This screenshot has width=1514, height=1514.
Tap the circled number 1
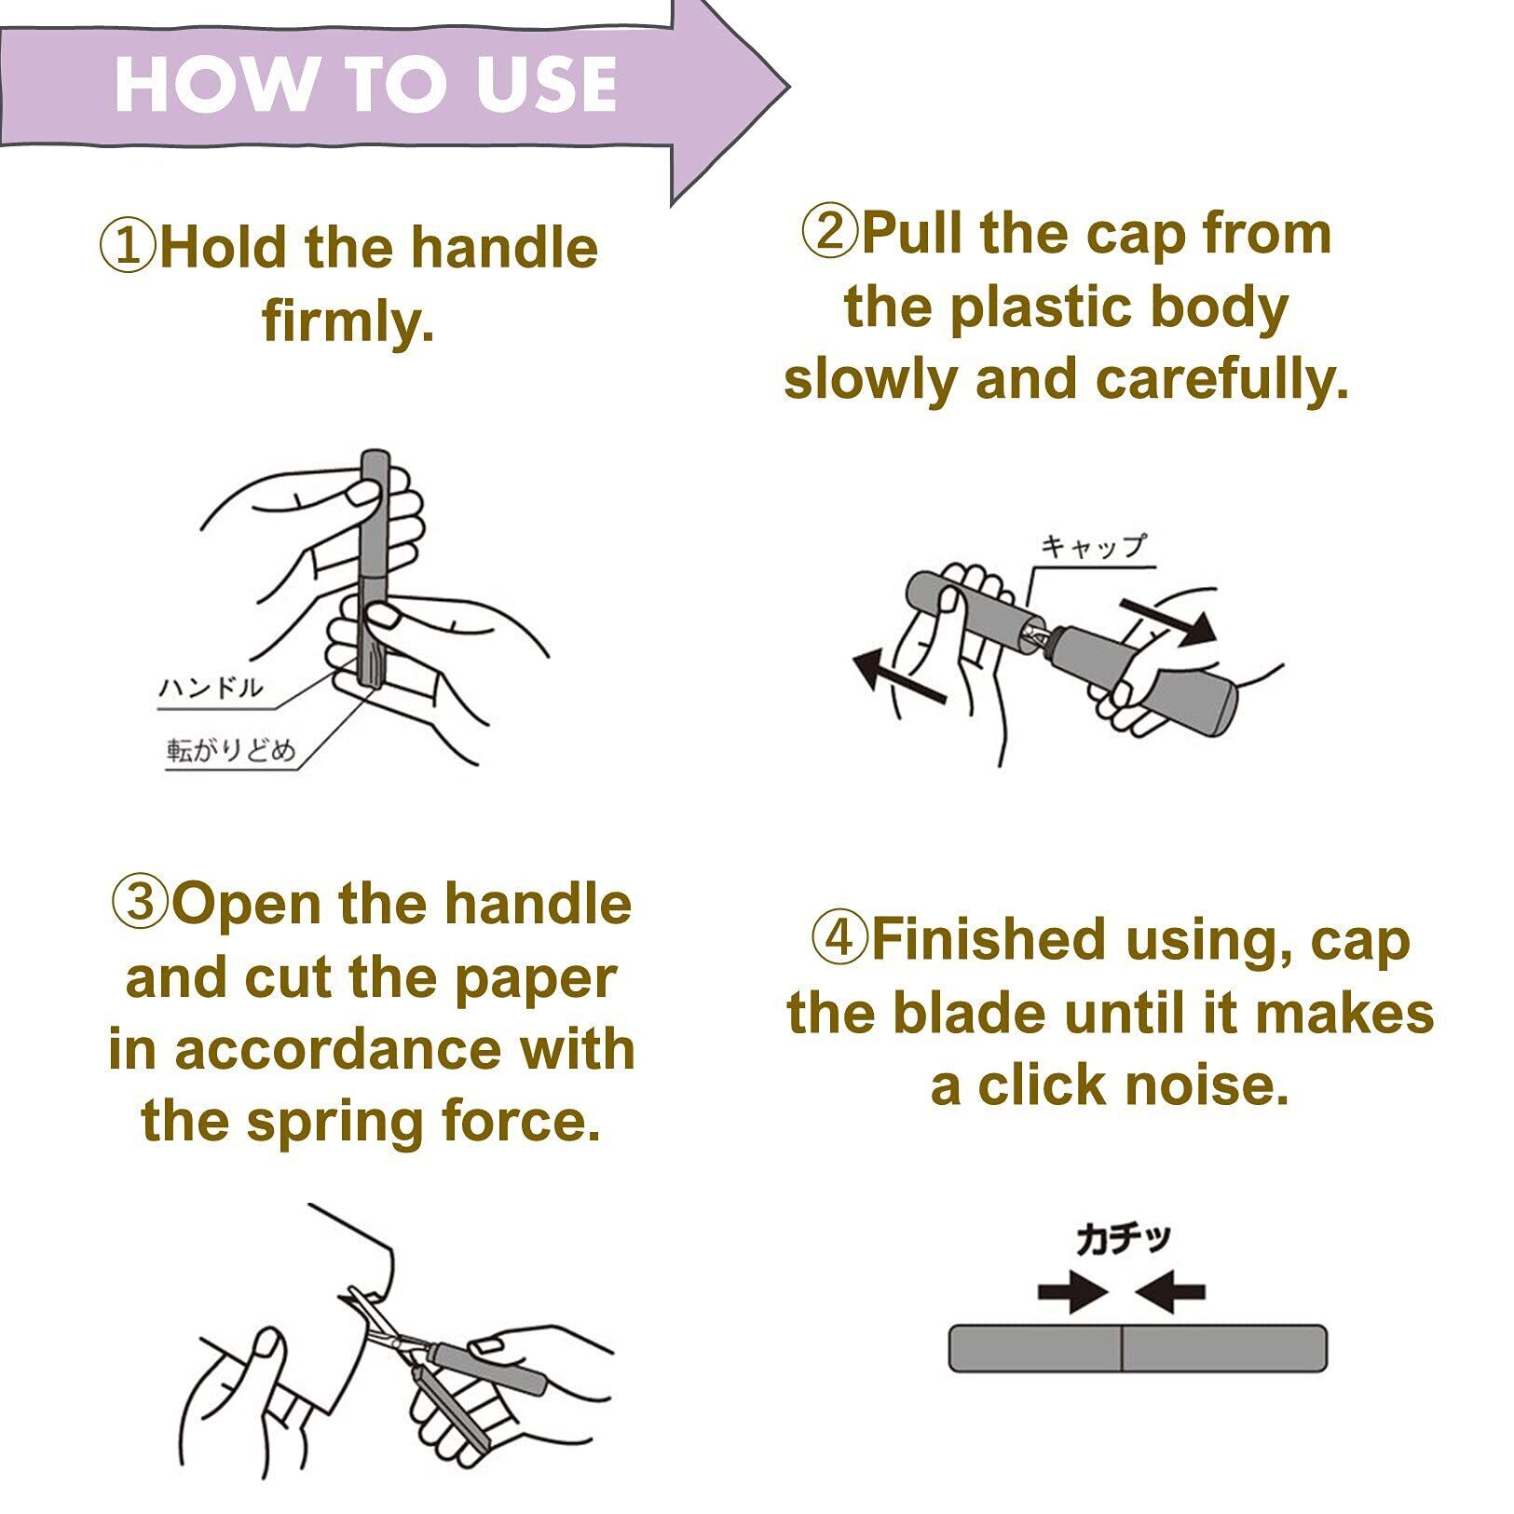128,248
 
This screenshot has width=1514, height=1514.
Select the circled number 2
828,232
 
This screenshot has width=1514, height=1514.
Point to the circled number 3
141,905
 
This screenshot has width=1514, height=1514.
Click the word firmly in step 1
348,322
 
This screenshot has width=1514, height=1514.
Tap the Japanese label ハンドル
211,689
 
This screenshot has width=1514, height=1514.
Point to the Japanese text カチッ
1123,1239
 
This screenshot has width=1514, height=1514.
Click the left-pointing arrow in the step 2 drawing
900,676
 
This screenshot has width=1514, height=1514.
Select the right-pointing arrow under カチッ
1072,1292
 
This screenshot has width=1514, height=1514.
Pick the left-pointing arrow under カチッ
1170,1292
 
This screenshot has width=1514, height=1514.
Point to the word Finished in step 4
996,940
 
